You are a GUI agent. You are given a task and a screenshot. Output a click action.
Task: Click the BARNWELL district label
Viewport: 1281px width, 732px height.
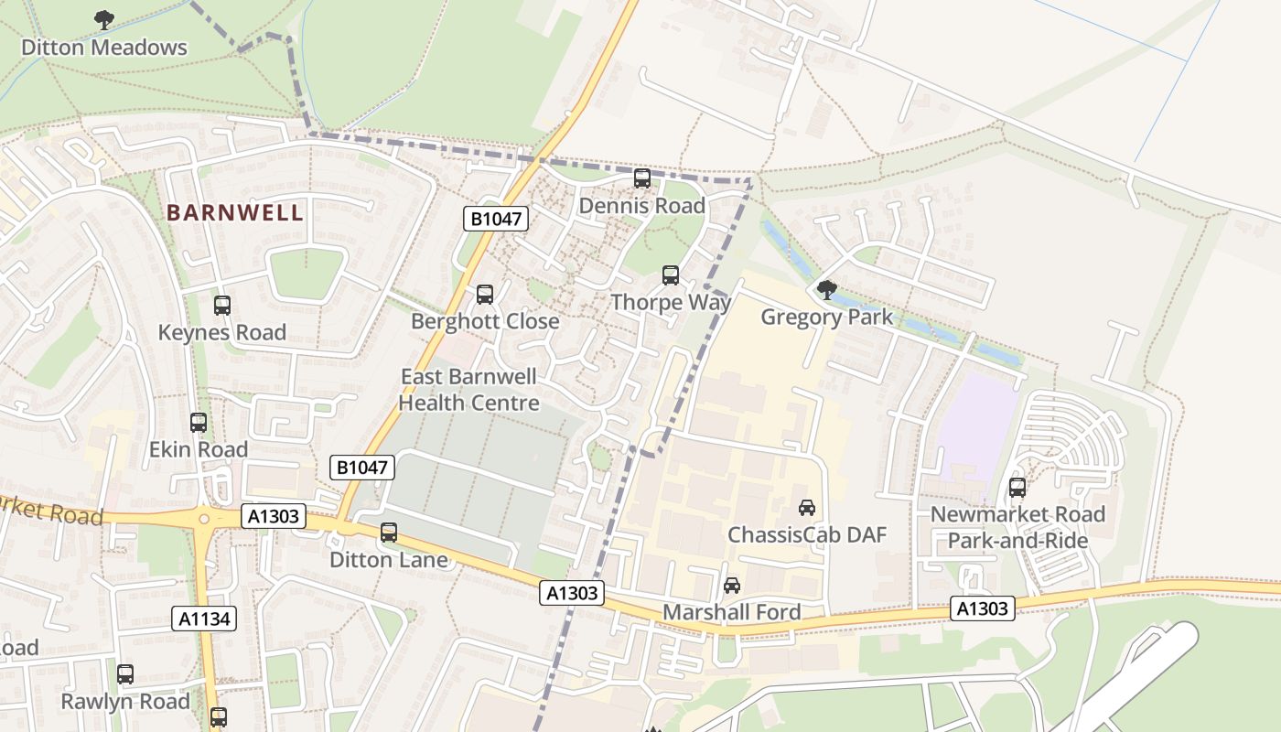[234, 213]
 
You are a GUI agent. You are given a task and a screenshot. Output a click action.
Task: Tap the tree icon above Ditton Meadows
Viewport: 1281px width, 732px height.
[104, 18]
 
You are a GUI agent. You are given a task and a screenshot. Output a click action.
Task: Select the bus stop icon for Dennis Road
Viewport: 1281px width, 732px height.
[642, 178]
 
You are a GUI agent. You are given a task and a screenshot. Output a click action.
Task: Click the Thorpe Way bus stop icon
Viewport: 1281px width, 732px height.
[671, 275]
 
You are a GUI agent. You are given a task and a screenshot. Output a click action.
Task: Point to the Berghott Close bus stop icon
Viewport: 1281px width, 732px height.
[485, 295]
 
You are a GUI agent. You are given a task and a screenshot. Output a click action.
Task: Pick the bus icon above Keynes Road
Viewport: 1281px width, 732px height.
[221, 306]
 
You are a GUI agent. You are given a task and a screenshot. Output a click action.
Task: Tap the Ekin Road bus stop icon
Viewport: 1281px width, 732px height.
[199, 423]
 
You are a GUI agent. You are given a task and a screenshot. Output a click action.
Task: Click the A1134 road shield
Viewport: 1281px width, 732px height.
[204, 619]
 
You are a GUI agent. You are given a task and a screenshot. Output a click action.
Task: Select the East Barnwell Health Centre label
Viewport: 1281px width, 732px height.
[468, 390]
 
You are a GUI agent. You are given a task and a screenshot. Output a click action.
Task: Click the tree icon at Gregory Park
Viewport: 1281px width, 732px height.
[826, 290]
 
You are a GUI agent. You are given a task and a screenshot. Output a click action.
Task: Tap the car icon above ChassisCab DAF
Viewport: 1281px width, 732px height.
[807, 508]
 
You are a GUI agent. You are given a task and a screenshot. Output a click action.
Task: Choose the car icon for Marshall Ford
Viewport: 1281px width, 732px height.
[732, 586]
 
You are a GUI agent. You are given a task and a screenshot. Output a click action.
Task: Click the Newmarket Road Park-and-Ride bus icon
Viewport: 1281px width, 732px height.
[1017, 488]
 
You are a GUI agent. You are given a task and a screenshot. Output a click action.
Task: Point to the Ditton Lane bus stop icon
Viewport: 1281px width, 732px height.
[389, 533]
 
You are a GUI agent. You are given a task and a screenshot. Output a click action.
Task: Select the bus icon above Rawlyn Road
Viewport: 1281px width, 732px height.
[125, 674]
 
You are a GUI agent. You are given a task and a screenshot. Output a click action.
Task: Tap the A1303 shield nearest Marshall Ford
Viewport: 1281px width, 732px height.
[573, 593]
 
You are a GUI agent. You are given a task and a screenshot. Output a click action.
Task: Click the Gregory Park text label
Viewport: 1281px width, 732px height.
[826, 318]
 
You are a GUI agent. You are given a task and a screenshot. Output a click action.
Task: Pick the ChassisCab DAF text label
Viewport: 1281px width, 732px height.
[807, 535]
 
